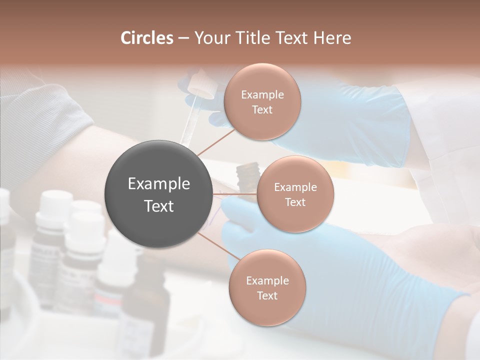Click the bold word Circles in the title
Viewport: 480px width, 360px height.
point(147,38)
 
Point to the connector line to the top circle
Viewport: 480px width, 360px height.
point(216,142)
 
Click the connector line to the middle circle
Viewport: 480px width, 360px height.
point(235,193)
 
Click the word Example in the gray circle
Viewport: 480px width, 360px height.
point(159,184)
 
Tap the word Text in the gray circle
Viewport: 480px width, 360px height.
point(159,206)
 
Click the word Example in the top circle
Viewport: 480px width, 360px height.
point(262,95)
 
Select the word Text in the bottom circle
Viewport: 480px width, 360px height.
point(267,295)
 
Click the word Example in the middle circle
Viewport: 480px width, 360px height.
point(295,187)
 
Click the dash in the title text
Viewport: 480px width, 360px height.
point(183,38)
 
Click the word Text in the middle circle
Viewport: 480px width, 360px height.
point(295,202)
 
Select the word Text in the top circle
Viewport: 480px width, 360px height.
point(262,109)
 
